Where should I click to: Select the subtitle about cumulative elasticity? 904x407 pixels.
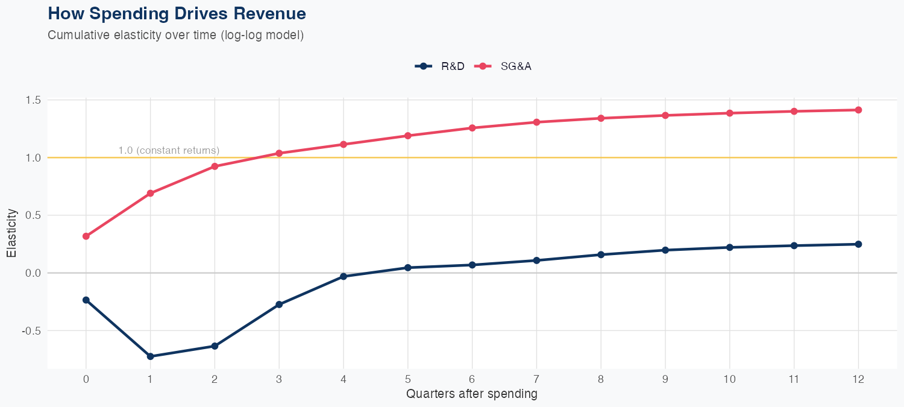point(175,35)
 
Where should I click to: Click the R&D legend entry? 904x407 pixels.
point(441,66)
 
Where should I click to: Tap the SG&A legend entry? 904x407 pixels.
point(503,66)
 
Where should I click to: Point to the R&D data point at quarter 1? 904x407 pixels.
point(150,356)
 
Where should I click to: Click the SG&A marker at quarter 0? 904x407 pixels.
point(86,236)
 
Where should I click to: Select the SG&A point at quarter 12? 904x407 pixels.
point(858,110)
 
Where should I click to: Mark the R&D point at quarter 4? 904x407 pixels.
point(344,276)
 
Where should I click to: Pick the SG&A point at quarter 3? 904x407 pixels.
point(279,153)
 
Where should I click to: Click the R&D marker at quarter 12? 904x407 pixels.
point(858,244)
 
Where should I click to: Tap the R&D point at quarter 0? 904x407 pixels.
point(86,300)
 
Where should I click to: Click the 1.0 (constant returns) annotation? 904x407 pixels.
point(169,150)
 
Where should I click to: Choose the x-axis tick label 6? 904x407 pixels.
point(472,379)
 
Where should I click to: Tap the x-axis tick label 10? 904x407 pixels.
point(729,379)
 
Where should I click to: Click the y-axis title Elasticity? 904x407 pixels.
point(11,233)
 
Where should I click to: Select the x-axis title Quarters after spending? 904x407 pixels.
point(472,394)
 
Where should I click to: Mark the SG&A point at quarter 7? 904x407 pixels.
point(536,122)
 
